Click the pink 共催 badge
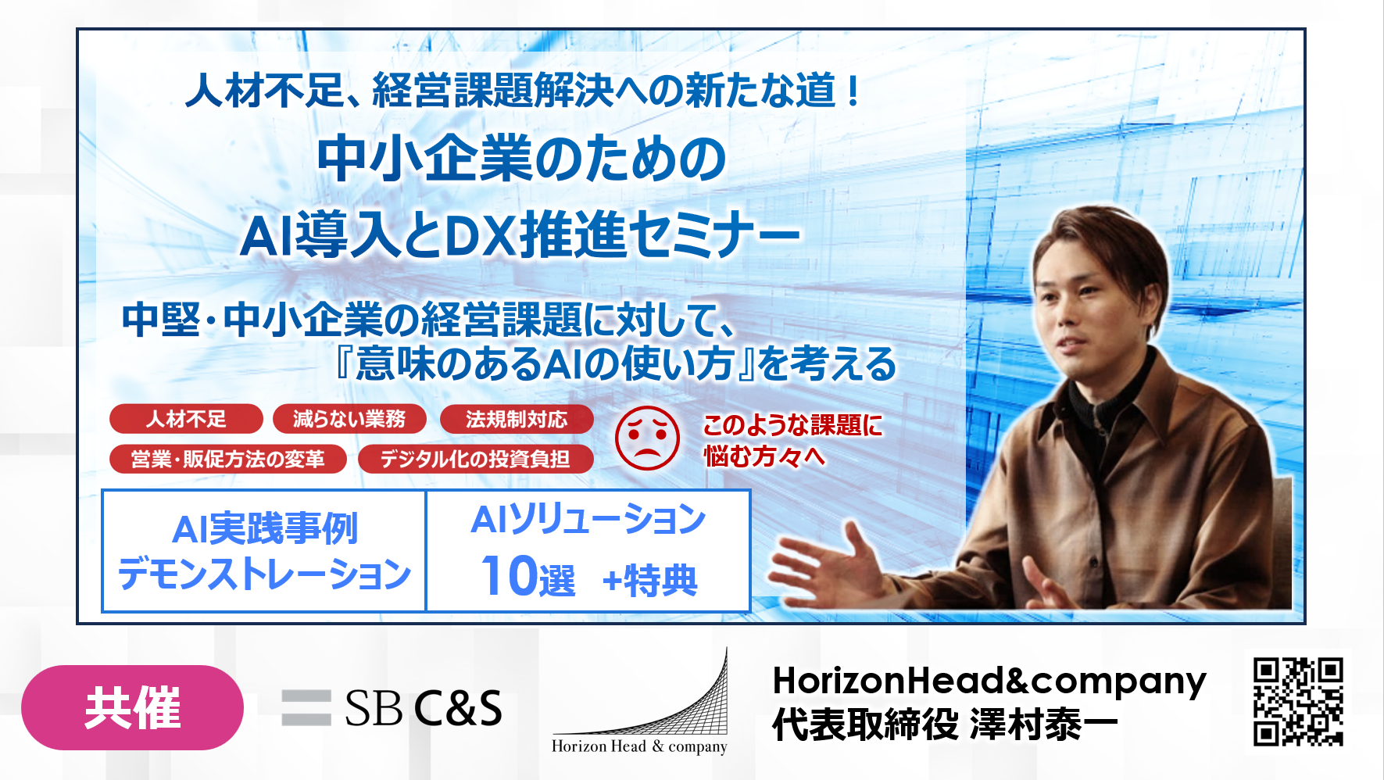[132, 707]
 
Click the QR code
[1298, 701]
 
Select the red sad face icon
[647, 438]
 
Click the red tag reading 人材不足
[186, 419]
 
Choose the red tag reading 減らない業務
[349, 419]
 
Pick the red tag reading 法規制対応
[517, 419]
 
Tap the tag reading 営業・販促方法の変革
[227, 459]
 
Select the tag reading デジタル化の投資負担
[475, 459]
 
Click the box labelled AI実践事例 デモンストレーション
[264, 551]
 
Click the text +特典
[649, 581]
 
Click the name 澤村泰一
[1044, 725]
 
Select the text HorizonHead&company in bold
[989, 680]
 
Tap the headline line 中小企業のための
[522, 159]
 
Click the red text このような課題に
[792, 425]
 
